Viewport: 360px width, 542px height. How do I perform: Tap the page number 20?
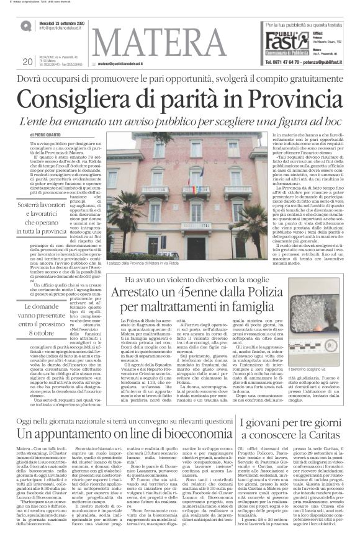click(27, 61)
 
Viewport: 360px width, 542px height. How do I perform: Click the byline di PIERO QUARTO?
click(48, 134)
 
